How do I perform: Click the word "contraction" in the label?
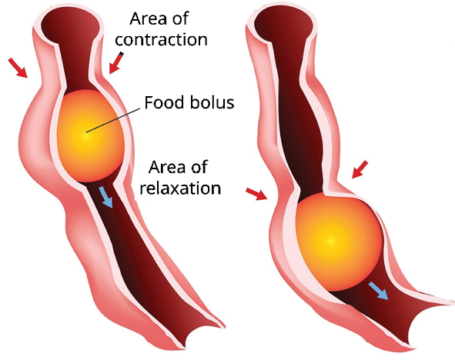(x=162, y=40)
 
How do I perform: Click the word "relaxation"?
(x=180, y=188)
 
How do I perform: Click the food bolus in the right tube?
(x=338, y=242)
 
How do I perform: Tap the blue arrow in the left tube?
(x=106, y=197)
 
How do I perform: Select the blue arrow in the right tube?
(x=378, y=292)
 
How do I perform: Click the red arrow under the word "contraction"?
(x=116, y=63)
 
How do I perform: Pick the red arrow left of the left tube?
(x=18, y=68)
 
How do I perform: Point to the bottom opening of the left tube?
(x=203, y=331)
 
